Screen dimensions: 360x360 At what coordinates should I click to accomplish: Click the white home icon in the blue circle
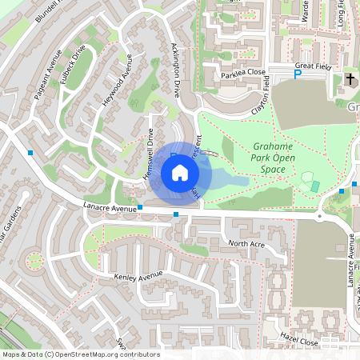click(x=180, y=173)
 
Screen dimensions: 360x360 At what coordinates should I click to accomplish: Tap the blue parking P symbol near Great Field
click(x=297, y=74)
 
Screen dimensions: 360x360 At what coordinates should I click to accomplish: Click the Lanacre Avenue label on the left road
click(x=110, y=208)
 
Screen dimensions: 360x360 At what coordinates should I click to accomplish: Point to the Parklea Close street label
click(x=242, y=74)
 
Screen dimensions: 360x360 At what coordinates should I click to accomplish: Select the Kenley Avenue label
click(x=138, y=277)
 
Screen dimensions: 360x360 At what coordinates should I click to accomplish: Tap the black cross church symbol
click(x=350, y=78)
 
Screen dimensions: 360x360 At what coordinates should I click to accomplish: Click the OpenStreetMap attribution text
click(x=80, y=354)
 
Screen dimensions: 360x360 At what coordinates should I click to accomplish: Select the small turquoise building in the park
click(x=315, y=186)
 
